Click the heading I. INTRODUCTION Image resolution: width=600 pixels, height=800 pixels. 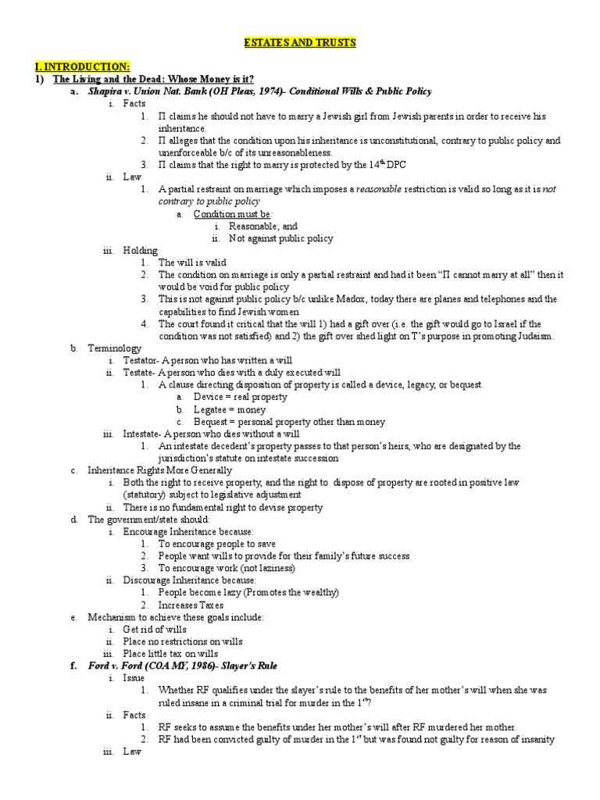point(91,67)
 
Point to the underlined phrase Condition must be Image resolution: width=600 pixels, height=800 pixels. point(233,213)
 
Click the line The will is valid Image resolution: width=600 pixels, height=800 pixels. point(192,262)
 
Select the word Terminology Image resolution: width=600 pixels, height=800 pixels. point(115,348)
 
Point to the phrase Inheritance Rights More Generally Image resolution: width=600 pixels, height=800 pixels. point(159,470)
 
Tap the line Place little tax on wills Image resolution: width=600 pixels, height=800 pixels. point(170,653)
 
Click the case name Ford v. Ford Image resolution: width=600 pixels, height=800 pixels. point(117,666)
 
